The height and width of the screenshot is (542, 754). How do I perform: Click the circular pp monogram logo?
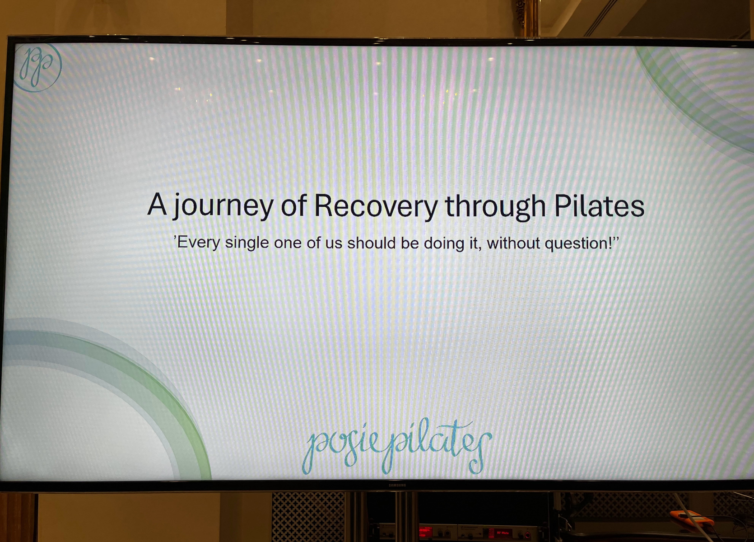(x=38, y=67)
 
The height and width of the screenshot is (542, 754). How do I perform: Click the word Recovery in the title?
(x=376, y=206)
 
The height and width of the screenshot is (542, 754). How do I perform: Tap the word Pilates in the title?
(x=599, y=206)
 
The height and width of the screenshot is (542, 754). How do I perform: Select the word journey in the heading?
(x=223, y=206)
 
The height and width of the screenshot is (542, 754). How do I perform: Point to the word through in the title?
(x=495, y=206)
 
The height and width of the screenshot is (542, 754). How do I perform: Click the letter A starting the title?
(x=157, y=204)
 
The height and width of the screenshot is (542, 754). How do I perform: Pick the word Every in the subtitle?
(x=199, y=243)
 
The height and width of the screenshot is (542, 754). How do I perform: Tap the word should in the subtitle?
(x=371, y=243)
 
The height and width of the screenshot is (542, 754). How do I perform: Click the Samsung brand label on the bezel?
(x=397, y=485)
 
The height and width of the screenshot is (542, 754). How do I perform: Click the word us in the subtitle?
(x=334, y=244)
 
